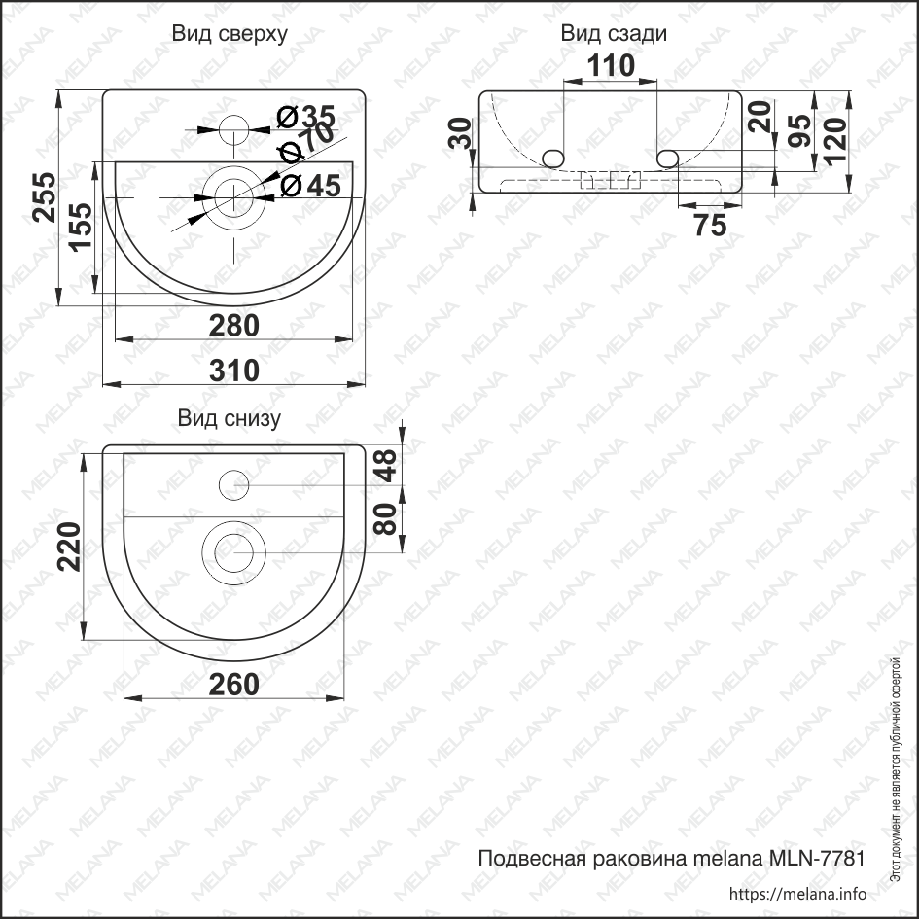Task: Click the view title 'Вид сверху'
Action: [x=230, y=35]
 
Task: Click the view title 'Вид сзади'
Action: [x=613, y=35]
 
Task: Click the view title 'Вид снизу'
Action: [x=230, y=419]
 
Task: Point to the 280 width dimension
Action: [x=234, y=326]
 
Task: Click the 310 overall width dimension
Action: [x=234, y=371]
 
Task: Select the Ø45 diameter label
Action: [x=311, y=185]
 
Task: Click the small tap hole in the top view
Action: [x=233, y=127]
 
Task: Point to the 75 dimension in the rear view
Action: [x=711, y=225]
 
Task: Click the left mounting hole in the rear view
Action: [x=553, y=158]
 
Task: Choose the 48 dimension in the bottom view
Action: [x=387, y=465]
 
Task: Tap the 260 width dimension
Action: [x=234, y=685]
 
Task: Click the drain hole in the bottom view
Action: [x=233, y=554]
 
